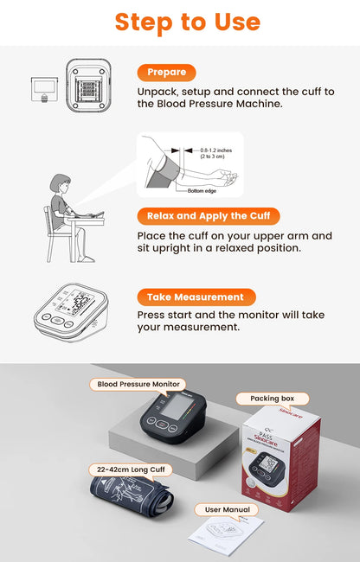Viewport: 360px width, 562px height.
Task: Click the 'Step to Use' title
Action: click(187, 22)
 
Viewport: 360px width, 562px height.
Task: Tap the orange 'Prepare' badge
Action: click(166, 73)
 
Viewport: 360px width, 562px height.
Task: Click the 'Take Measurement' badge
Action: click(196, 297)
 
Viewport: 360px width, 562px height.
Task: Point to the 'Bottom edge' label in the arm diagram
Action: click(202, 190)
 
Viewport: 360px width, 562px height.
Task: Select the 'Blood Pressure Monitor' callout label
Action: click(138, 383)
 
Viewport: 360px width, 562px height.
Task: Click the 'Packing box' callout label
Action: click(272, 399)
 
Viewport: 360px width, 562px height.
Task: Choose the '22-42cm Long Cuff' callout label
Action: click(130, 469)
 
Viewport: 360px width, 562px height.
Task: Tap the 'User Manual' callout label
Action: click(228, 509)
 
